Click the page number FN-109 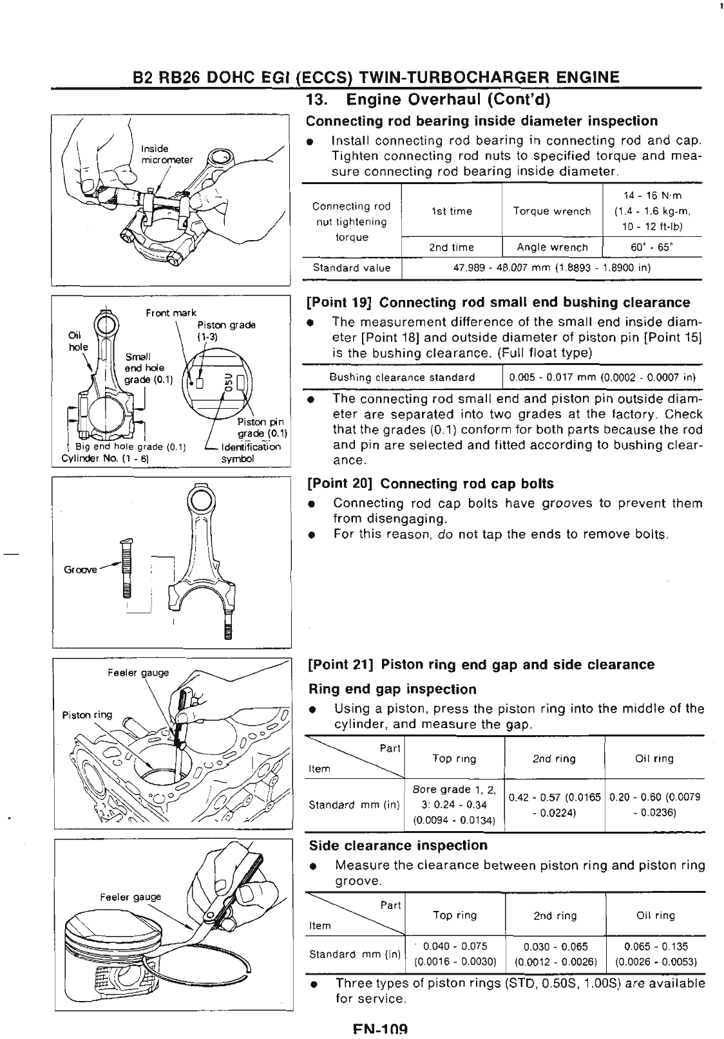381,1030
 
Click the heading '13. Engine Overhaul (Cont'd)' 431,101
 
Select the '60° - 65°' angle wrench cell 652,247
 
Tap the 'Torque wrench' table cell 552,211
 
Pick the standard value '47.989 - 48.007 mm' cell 552,268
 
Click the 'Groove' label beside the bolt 80,570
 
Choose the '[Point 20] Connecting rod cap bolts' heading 430,483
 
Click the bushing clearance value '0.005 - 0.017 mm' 602,377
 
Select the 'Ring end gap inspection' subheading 392,689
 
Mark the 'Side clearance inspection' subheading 398,845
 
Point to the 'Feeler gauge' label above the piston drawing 130,897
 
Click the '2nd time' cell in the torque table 452,247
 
